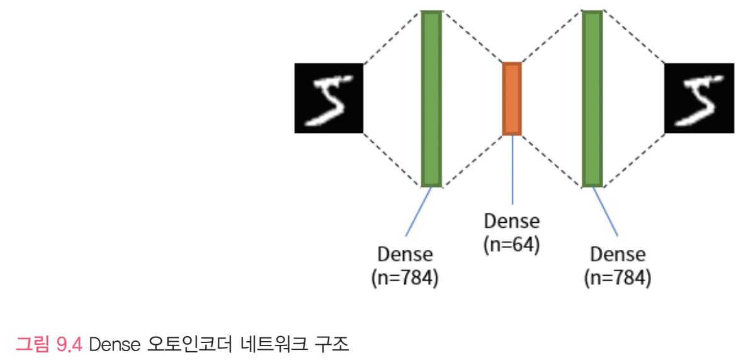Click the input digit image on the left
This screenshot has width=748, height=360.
click(329, 98)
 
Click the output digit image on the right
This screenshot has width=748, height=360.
click(700, 98)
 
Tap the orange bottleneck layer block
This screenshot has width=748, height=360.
click(512, 99)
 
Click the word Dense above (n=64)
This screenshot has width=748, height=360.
click(512, 223)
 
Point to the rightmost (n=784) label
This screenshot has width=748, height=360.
click(618, 278)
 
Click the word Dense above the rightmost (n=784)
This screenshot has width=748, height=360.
click(618, 256)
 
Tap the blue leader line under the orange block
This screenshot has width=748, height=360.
click(512, 170)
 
